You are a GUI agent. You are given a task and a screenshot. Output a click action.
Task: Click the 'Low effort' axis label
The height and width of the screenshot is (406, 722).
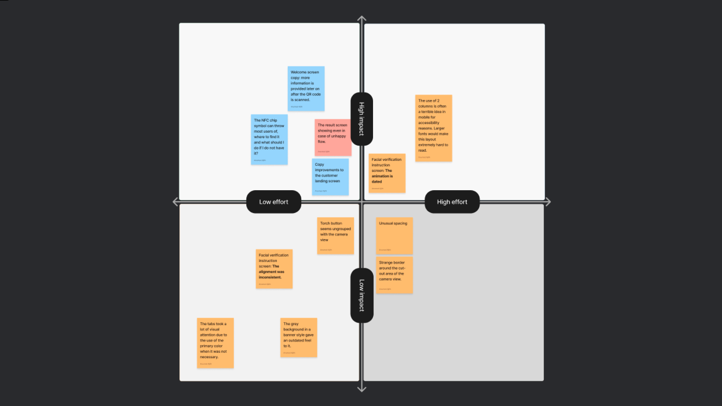pos(273,202)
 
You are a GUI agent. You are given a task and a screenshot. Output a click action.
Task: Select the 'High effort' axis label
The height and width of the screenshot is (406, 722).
pos(452,202)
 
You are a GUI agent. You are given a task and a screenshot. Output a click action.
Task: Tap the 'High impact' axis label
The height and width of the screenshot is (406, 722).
pos(361,119)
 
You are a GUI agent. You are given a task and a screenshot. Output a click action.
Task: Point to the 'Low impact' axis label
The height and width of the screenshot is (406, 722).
pos(361,295)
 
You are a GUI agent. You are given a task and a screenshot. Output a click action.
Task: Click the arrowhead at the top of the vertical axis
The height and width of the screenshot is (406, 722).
pos(362,18)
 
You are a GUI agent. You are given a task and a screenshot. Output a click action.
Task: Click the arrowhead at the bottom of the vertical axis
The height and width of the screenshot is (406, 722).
pos(362,389)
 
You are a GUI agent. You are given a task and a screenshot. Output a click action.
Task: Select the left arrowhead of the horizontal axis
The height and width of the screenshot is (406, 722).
pos(175,202)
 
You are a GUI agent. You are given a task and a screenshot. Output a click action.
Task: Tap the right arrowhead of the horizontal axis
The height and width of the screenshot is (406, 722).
pos(548,202)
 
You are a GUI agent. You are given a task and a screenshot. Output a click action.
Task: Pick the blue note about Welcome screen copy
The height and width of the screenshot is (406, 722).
pos(306,89)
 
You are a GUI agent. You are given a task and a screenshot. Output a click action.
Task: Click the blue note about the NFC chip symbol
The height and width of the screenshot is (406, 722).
pos(269,139)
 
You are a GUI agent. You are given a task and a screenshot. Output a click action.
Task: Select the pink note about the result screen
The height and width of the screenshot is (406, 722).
pos(333,138)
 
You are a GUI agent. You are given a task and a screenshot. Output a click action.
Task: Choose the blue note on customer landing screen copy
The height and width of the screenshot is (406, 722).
pos(330,177)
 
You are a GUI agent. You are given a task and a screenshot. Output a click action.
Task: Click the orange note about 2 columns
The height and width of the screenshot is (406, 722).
pos(433,128)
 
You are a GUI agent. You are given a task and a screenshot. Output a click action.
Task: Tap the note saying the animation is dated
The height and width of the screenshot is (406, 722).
pos(387,173)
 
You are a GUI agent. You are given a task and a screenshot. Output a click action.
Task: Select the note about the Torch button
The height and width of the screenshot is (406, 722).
pos(335,236)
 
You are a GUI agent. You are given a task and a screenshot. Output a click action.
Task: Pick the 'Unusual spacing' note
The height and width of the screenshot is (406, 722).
pos(394,236)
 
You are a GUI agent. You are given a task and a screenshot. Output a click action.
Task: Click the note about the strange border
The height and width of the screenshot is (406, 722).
pos(394,275)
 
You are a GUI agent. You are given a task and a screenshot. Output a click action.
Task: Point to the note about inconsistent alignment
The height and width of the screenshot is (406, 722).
pos(274,269)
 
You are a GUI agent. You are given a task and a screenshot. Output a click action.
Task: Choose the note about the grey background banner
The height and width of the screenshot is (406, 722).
pos(299,337)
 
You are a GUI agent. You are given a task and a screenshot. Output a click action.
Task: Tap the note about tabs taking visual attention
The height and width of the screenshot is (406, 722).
pos(215,343)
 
